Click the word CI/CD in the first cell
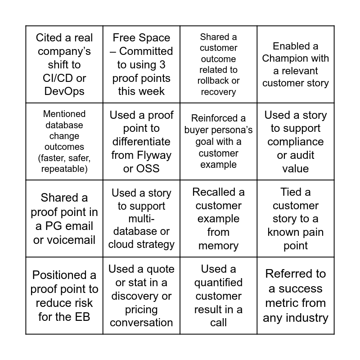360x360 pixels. pos(58,78)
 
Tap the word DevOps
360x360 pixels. pos(64,91)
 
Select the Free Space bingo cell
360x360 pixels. pos(141,64)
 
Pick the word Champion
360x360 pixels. pos(283,58)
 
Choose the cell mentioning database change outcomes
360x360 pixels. pos(64,142)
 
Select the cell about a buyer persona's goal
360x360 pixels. pos(218,142)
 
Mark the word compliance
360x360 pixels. pos(296,142)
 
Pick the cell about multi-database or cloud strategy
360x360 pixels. pos(141,219)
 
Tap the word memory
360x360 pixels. pos(218,246)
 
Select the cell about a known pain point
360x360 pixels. pos(296,219)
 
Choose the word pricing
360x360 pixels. pos(141,310)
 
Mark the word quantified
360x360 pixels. pos(218,283)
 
